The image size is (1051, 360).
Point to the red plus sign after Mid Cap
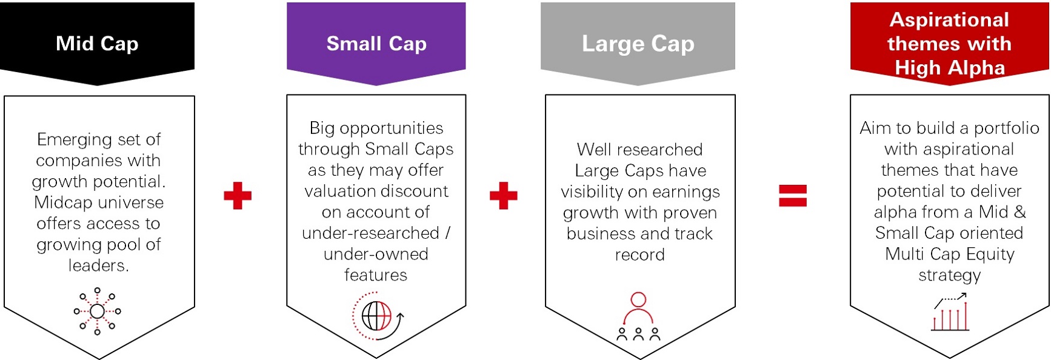point(238,195)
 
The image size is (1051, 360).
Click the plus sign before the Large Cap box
point(503,195)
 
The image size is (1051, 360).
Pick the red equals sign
point(793,195)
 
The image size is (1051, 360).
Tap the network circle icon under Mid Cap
point(97,312)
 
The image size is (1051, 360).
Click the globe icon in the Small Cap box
point(377,316)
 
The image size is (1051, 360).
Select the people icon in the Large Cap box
point(638,316)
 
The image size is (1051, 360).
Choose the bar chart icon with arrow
point(950,312)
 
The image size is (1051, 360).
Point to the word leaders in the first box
point(98,265)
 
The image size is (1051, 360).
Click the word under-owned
point(376,254)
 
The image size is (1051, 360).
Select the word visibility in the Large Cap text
point(593,192)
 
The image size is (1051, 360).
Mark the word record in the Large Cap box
point(640,255)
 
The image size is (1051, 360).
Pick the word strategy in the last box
point(949,276)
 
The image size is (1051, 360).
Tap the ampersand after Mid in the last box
point(1019,212)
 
